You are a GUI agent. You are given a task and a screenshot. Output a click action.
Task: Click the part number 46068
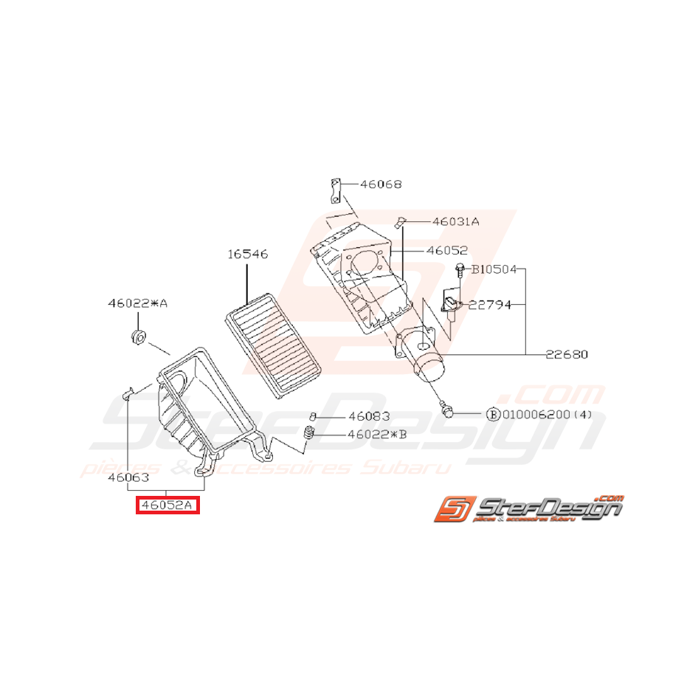tap(381, 184)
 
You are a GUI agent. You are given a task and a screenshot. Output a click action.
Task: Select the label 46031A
tap(455, 221)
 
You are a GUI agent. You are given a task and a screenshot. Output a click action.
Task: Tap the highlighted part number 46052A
tap(167, 505)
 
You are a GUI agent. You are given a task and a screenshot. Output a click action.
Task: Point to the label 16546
tap(247, 255)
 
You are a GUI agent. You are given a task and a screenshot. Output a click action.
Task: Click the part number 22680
tap(566, 354)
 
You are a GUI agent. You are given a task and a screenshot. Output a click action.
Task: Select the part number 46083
tap(369, 416)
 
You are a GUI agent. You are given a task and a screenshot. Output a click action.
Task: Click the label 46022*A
tap(138, 303)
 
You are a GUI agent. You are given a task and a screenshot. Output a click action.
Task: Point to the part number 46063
tap(128, 477)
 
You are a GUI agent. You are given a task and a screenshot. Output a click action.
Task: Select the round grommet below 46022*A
tap(137, 338)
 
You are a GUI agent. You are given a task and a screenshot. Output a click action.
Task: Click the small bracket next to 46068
tap(334, 190)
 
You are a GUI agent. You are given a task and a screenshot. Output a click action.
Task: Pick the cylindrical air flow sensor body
tap(427, 362)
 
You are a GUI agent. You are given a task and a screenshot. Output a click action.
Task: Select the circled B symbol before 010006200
tap(492, 415)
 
